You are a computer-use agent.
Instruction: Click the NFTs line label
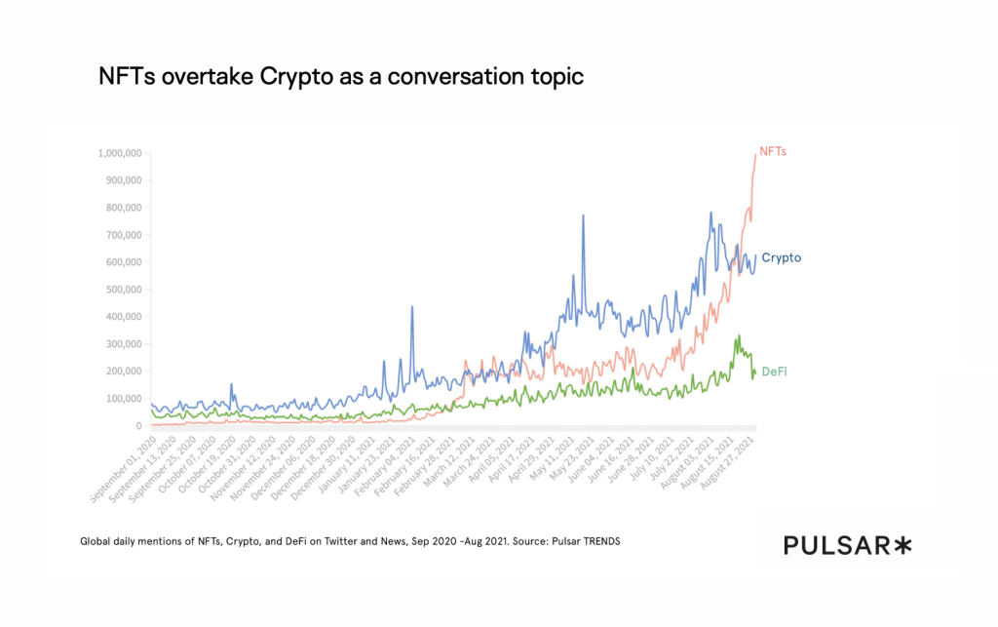click(x=773, y=151)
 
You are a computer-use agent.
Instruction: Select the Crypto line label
click(x=781, y=257)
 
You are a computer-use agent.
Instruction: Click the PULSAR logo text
click(x=836, y=545)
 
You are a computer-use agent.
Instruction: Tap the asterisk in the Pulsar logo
click(x=903, y=545)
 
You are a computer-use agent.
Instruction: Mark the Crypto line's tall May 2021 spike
click(x=584, y=216)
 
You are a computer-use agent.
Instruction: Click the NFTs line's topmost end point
click(x=755, y=153)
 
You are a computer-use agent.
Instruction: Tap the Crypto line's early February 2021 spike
click(x=412, y=306)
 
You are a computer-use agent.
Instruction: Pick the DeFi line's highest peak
click(x=739, y=335)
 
